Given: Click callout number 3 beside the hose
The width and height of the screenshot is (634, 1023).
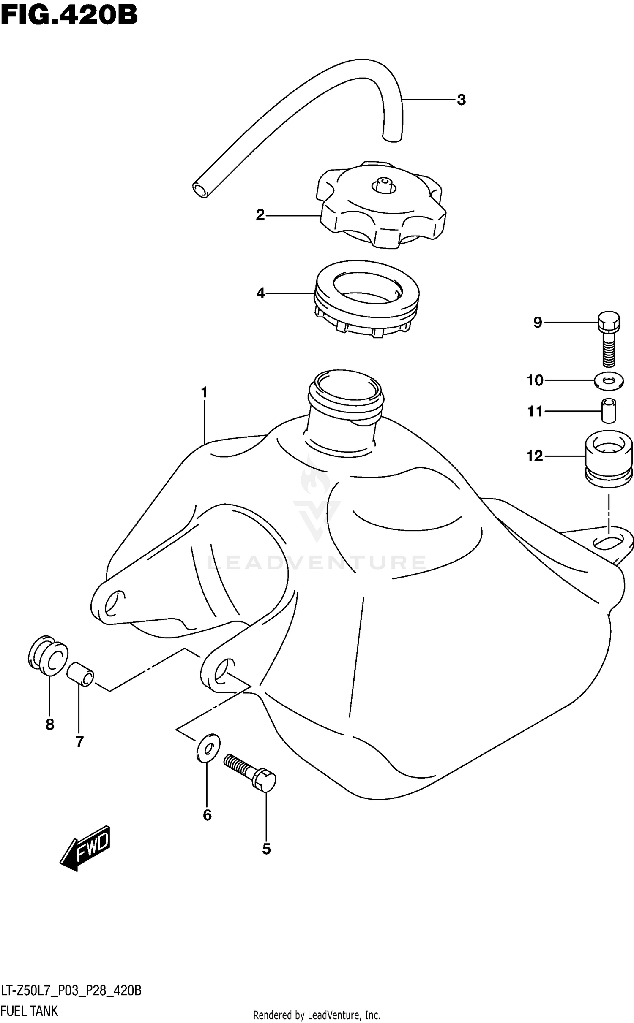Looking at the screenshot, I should pyautogui.click(x=461, y=100).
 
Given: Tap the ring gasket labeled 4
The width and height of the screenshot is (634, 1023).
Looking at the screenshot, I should pyautogui.click(x=366, y=299).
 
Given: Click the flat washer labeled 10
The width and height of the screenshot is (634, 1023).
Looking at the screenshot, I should pyautogui.click(x=609, y=381).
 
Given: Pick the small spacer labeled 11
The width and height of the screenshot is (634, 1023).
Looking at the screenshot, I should pyautogui.click(x=609, y=410).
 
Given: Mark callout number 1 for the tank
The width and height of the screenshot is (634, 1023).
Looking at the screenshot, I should pyautogui.click(x=205, y=393).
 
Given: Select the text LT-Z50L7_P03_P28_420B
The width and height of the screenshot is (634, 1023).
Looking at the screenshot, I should pyautogui.click(x=71, y=990).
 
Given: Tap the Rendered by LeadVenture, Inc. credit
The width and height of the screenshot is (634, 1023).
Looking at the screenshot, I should pyautogui.click(x=317, y=1015).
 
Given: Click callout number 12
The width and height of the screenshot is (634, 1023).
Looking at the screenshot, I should pyautogui.click(x=534, y=456).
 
